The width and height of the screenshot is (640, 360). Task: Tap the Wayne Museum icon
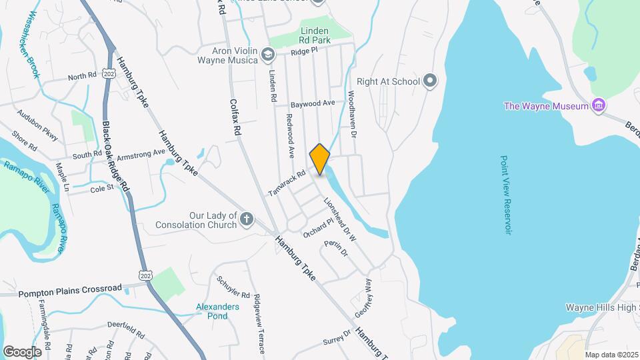[599, 105]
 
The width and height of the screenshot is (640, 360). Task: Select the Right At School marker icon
[430, 81]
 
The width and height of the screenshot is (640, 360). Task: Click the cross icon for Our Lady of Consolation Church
[247, 218]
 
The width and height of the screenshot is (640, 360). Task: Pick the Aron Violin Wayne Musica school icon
[267, 53]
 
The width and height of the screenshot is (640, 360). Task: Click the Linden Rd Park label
[315, 35]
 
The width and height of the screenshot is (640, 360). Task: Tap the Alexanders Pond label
[217, 311]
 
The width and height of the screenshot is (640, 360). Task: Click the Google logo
[22, 351]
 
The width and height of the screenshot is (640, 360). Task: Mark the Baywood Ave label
[313, 104]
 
